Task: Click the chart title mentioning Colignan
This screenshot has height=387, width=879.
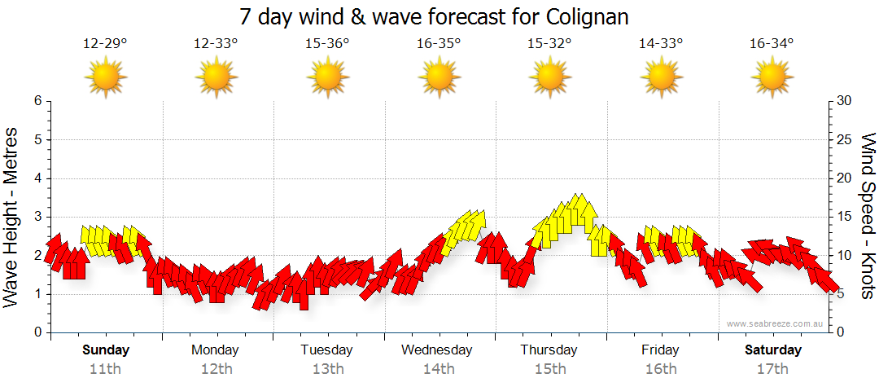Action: pyautogui.click(x=435, y=17)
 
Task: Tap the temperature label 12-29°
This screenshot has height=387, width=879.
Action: pyautogui.click(x=105, y=44)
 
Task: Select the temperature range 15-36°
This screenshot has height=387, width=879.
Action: pyautogui.click(x=327, y=44)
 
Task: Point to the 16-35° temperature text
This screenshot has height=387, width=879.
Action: pyautogui.click(x=439, y=44)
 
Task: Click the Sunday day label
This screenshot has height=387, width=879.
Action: pyautogui.click(x=106, y=350)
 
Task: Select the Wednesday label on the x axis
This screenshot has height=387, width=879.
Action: pyautogui.click(x=437, y=350)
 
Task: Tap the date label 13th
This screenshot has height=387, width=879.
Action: pyautogui.click(x=327, y=369)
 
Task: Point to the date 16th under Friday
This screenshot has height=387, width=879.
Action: pyautogui.click(x=660, y=369)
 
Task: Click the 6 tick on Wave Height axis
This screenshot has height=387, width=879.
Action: pyautogui.click(x=37, y=101)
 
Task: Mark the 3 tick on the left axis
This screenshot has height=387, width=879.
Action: pyautogui.click(x=37, y=217)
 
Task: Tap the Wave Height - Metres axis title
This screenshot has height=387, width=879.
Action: pyautogui.click(x=12, y=217)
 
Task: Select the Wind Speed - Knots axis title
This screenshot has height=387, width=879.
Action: pyautogui.click(x=868, y=217)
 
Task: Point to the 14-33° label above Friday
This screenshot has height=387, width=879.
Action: pyautogui.click(x=661, y=44)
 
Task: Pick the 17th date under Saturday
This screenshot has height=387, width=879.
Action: pyautogui.click(x=772, y=369)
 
